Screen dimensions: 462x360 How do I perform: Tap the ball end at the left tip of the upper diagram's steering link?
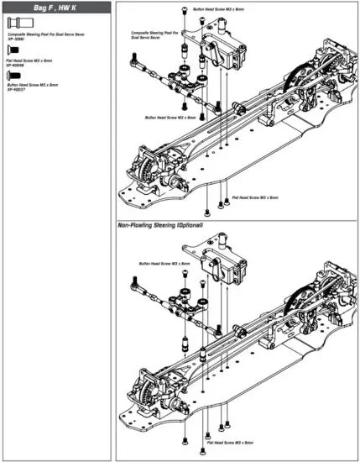[x=133, y=61]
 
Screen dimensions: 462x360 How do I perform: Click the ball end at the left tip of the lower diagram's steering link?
[x=134, y=293]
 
